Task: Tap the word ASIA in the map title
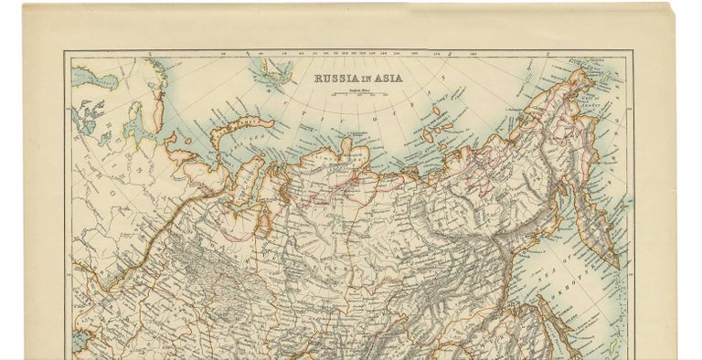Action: (385, 79)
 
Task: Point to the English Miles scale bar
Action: (357, 93)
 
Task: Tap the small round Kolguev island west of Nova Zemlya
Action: (187, 142)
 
